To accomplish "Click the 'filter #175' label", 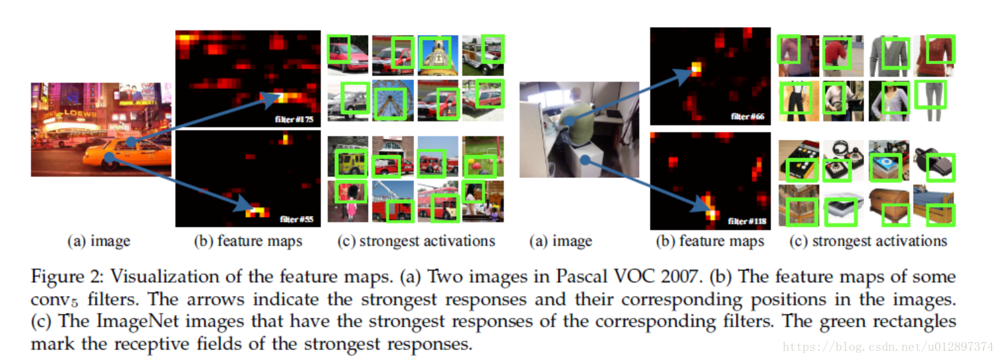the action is point(295,120).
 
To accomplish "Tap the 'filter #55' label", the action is point(297,219).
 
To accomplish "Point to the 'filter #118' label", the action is point(747,222).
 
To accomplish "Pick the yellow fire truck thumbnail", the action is point(348,157).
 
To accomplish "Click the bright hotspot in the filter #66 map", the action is point(695,68).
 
